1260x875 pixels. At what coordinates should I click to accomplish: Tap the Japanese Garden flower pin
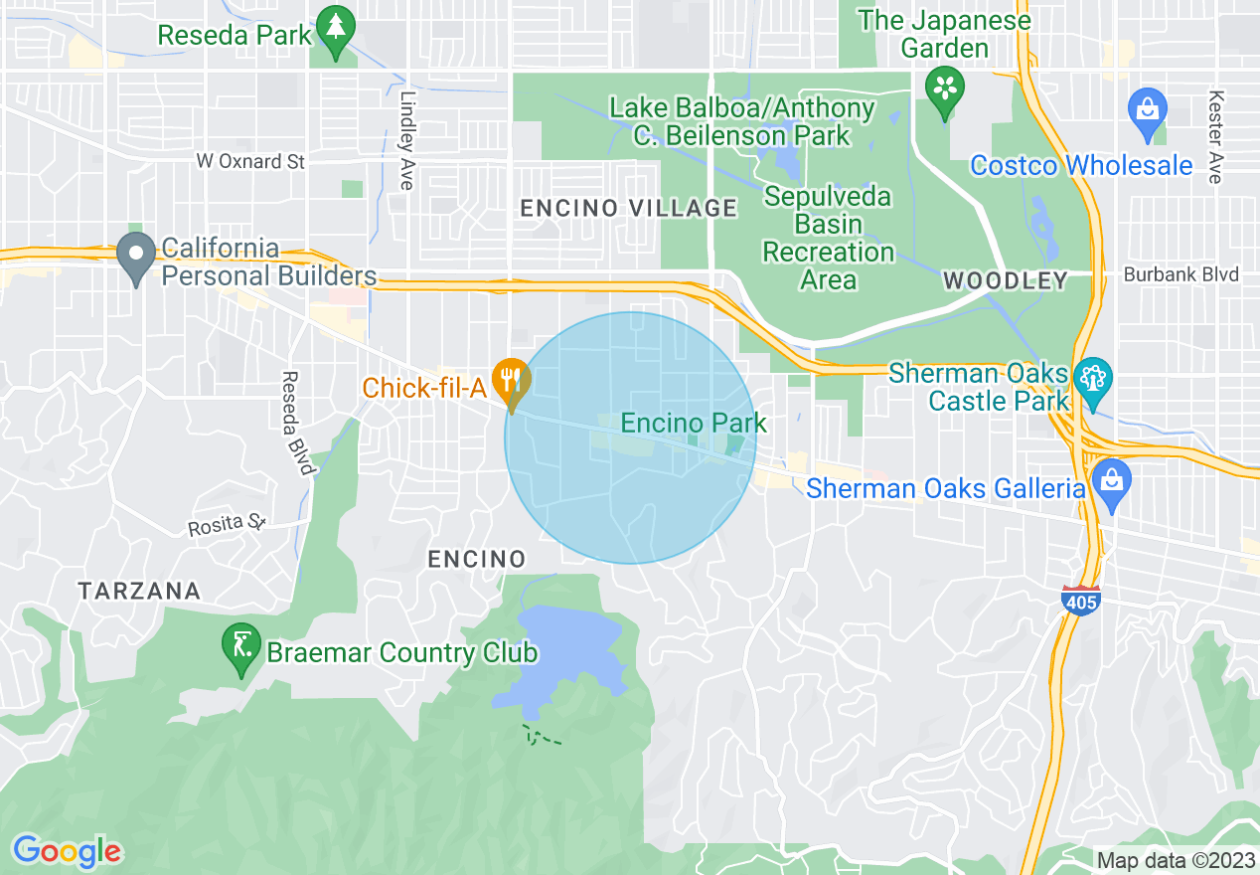tap(944, 89)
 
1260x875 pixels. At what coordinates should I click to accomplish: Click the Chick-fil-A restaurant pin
tap(512, 382)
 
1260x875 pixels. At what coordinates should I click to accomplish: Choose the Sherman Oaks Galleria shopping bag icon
tap(1111, 482)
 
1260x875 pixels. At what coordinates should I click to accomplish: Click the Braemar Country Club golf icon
tap(241, 648)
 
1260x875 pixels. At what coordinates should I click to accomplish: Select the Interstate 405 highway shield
tap(1080, 601)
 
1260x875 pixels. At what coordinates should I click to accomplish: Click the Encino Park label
tap(694, 423)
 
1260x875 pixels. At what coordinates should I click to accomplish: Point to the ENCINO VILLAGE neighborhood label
tap(629, 208)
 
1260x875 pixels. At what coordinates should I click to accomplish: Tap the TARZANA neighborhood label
tap(139, 591)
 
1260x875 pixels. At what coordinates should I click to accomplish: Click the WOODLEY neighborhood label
tap(1005, 280)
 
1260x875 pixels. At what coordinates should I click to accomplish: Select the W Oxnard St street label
tap(250, 161)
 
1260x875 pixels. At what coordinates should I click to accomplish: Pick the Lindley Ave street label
tap(406, 140)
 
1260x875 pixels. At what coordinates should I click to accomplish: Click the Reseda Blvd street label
tap(295, 423)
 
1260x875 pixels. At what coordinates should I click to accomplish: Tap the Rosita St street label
tap(229, 525)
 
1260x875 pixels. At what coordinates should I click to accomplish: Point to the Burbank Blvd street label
tap(1181, 274)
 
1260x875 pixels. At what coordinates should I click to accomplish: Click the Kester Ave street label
tap(1214, 136)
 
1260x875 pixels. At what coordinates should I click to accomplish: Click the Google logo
tap(68, 851)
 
